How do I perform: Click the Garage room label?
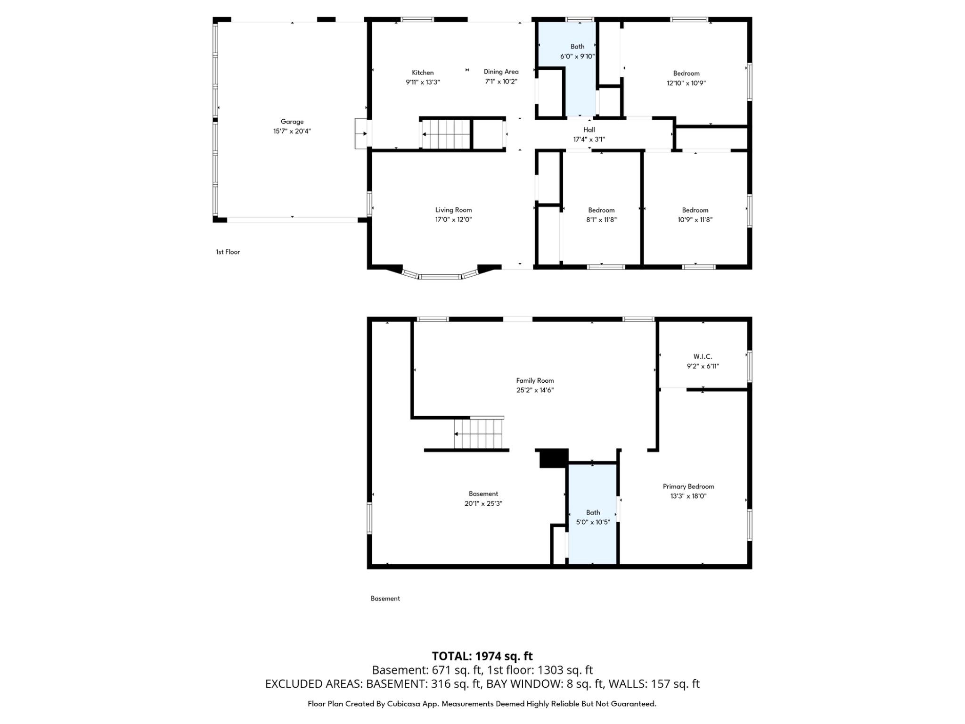(292, 122)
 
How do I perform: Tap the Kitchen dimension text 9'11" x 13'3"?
(423, 82)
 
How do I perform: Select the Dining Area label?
(501, 72)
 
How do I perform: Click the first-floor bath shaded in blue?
(578, 80)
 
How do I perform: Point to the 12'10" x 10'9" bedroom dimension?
(686, 83)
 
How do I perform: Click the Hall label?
(589, 130)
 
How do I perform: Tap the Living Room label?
(453, 210)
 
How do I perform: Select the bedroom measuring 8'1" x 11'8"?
(601, 214)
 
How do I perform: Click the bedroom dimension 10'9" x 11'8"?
(695, 220)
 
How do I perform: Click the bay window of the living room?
(441, 276)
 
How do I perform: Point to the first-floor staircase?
(445, 134)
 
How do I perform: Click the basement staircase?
(478, 434)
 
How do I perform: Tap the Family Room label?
(535, 380)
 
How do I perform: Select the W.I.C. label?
(703, 357)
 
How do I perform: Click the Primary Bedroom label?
(688, 486)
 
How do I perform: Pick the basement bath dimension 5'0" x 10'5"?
(593, 522)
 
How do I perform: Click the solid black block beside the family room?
(553, 458)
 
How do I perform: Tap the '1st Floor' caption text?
(228, 252)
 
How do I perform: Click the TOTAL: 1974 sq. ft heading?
(482, 656)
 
